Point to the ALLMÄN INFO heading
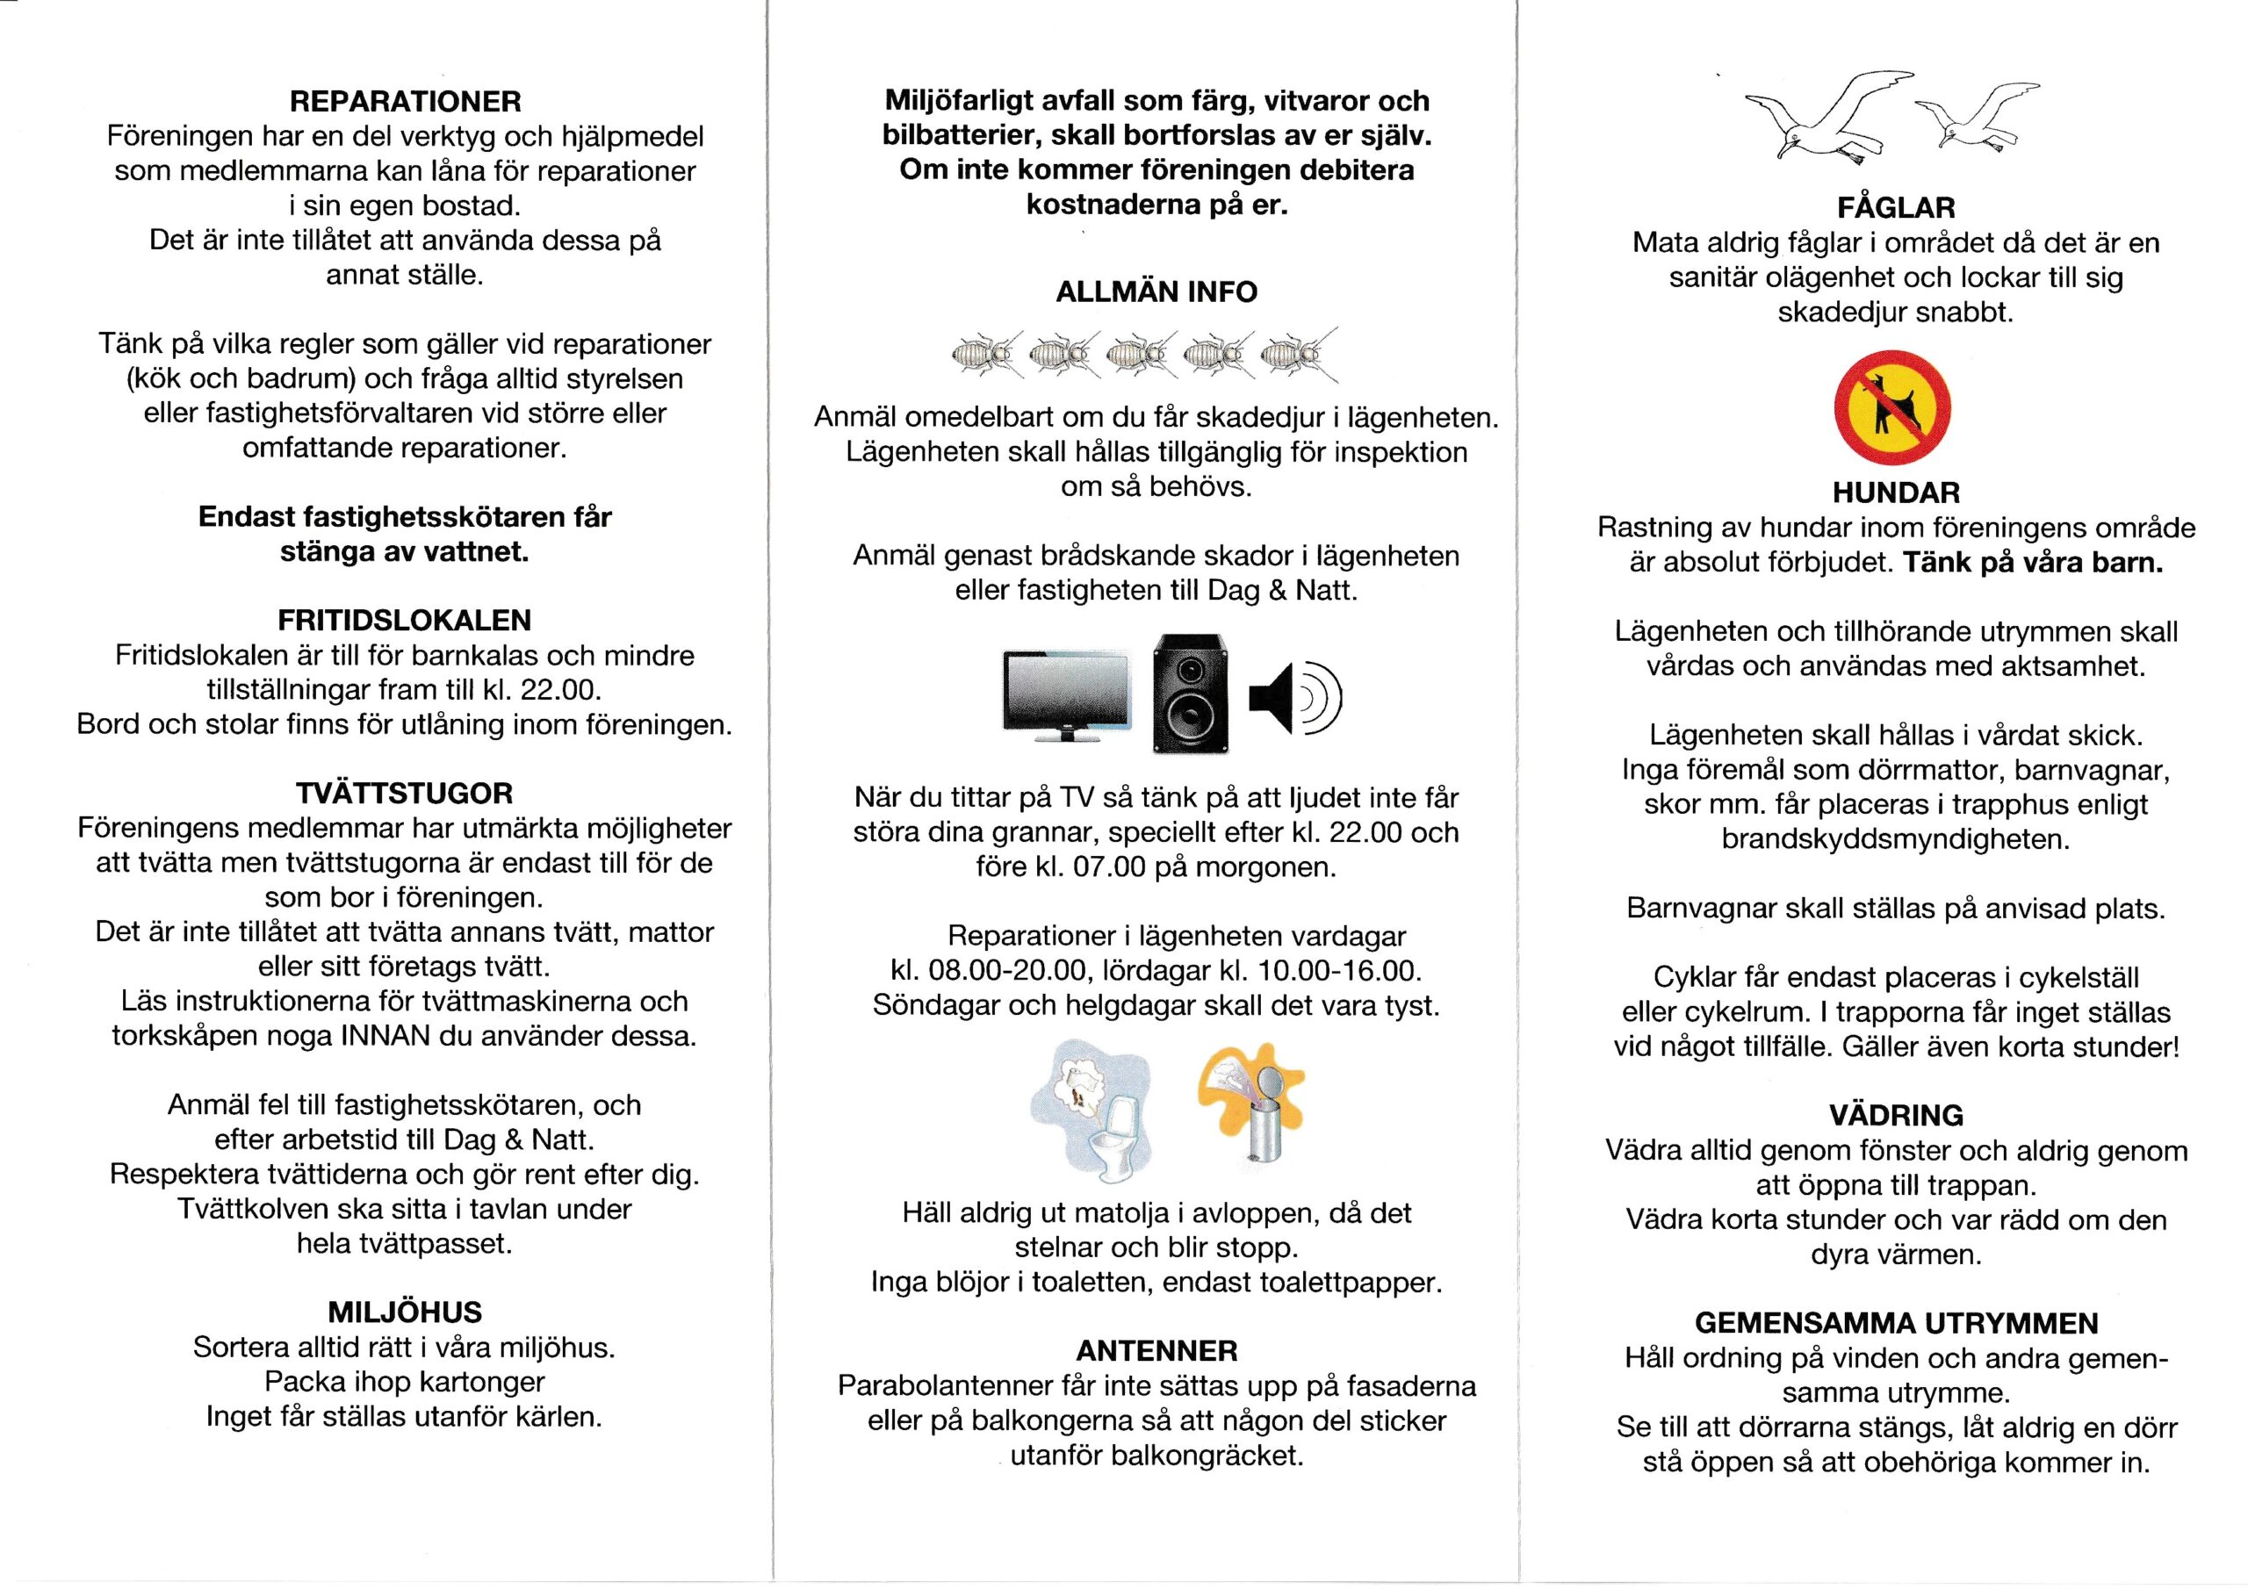[1156, 291]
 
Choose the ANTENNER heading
[1156, 1351]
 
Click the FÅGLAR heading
[1896, 207]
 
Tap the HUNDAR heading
[1896, 493]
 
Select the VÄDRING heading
[1896, 1115]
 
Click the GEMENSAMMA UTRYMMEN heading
[1896, 1324]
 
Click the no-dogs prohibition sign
[1892, 409]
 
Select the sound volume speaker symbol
[1294, 697]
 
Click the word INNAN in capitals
[385, 1037]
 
